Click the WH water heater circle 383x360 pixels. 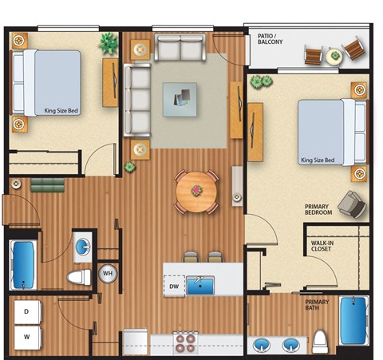coord(107,274)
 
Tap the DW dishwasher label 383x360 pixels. coord(173,286)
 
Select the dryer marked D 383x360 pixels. coord(26,311)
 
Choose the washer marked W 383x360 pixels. coord(26,337)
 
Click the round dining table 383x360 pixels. coord(196,191)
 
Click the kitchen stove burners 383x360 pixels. coord(185,342)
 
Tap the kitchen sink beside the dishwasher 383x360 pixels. coord(200,285)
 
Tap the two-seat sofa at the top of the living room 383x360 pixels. coord(180,49)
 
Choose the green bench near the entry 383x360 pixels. coord(47,187)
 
